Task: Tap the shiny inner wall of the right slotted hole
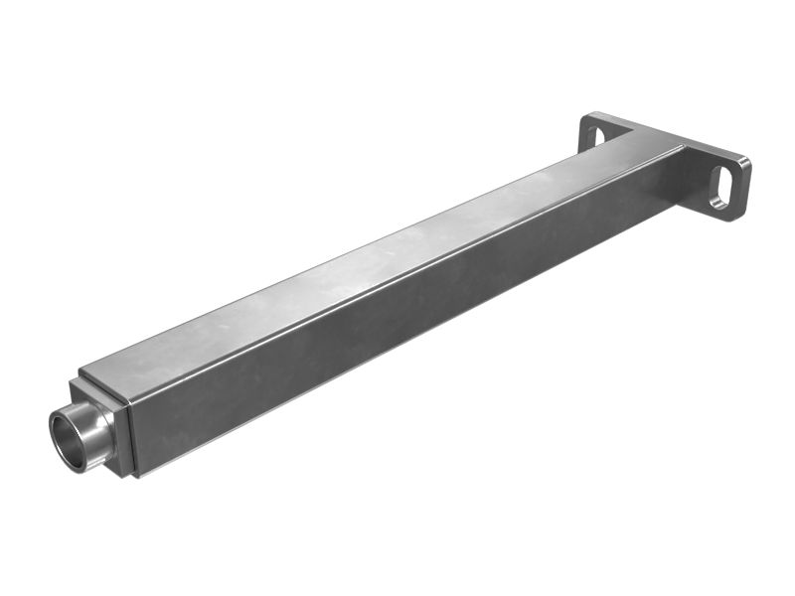tap(718, 193)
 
